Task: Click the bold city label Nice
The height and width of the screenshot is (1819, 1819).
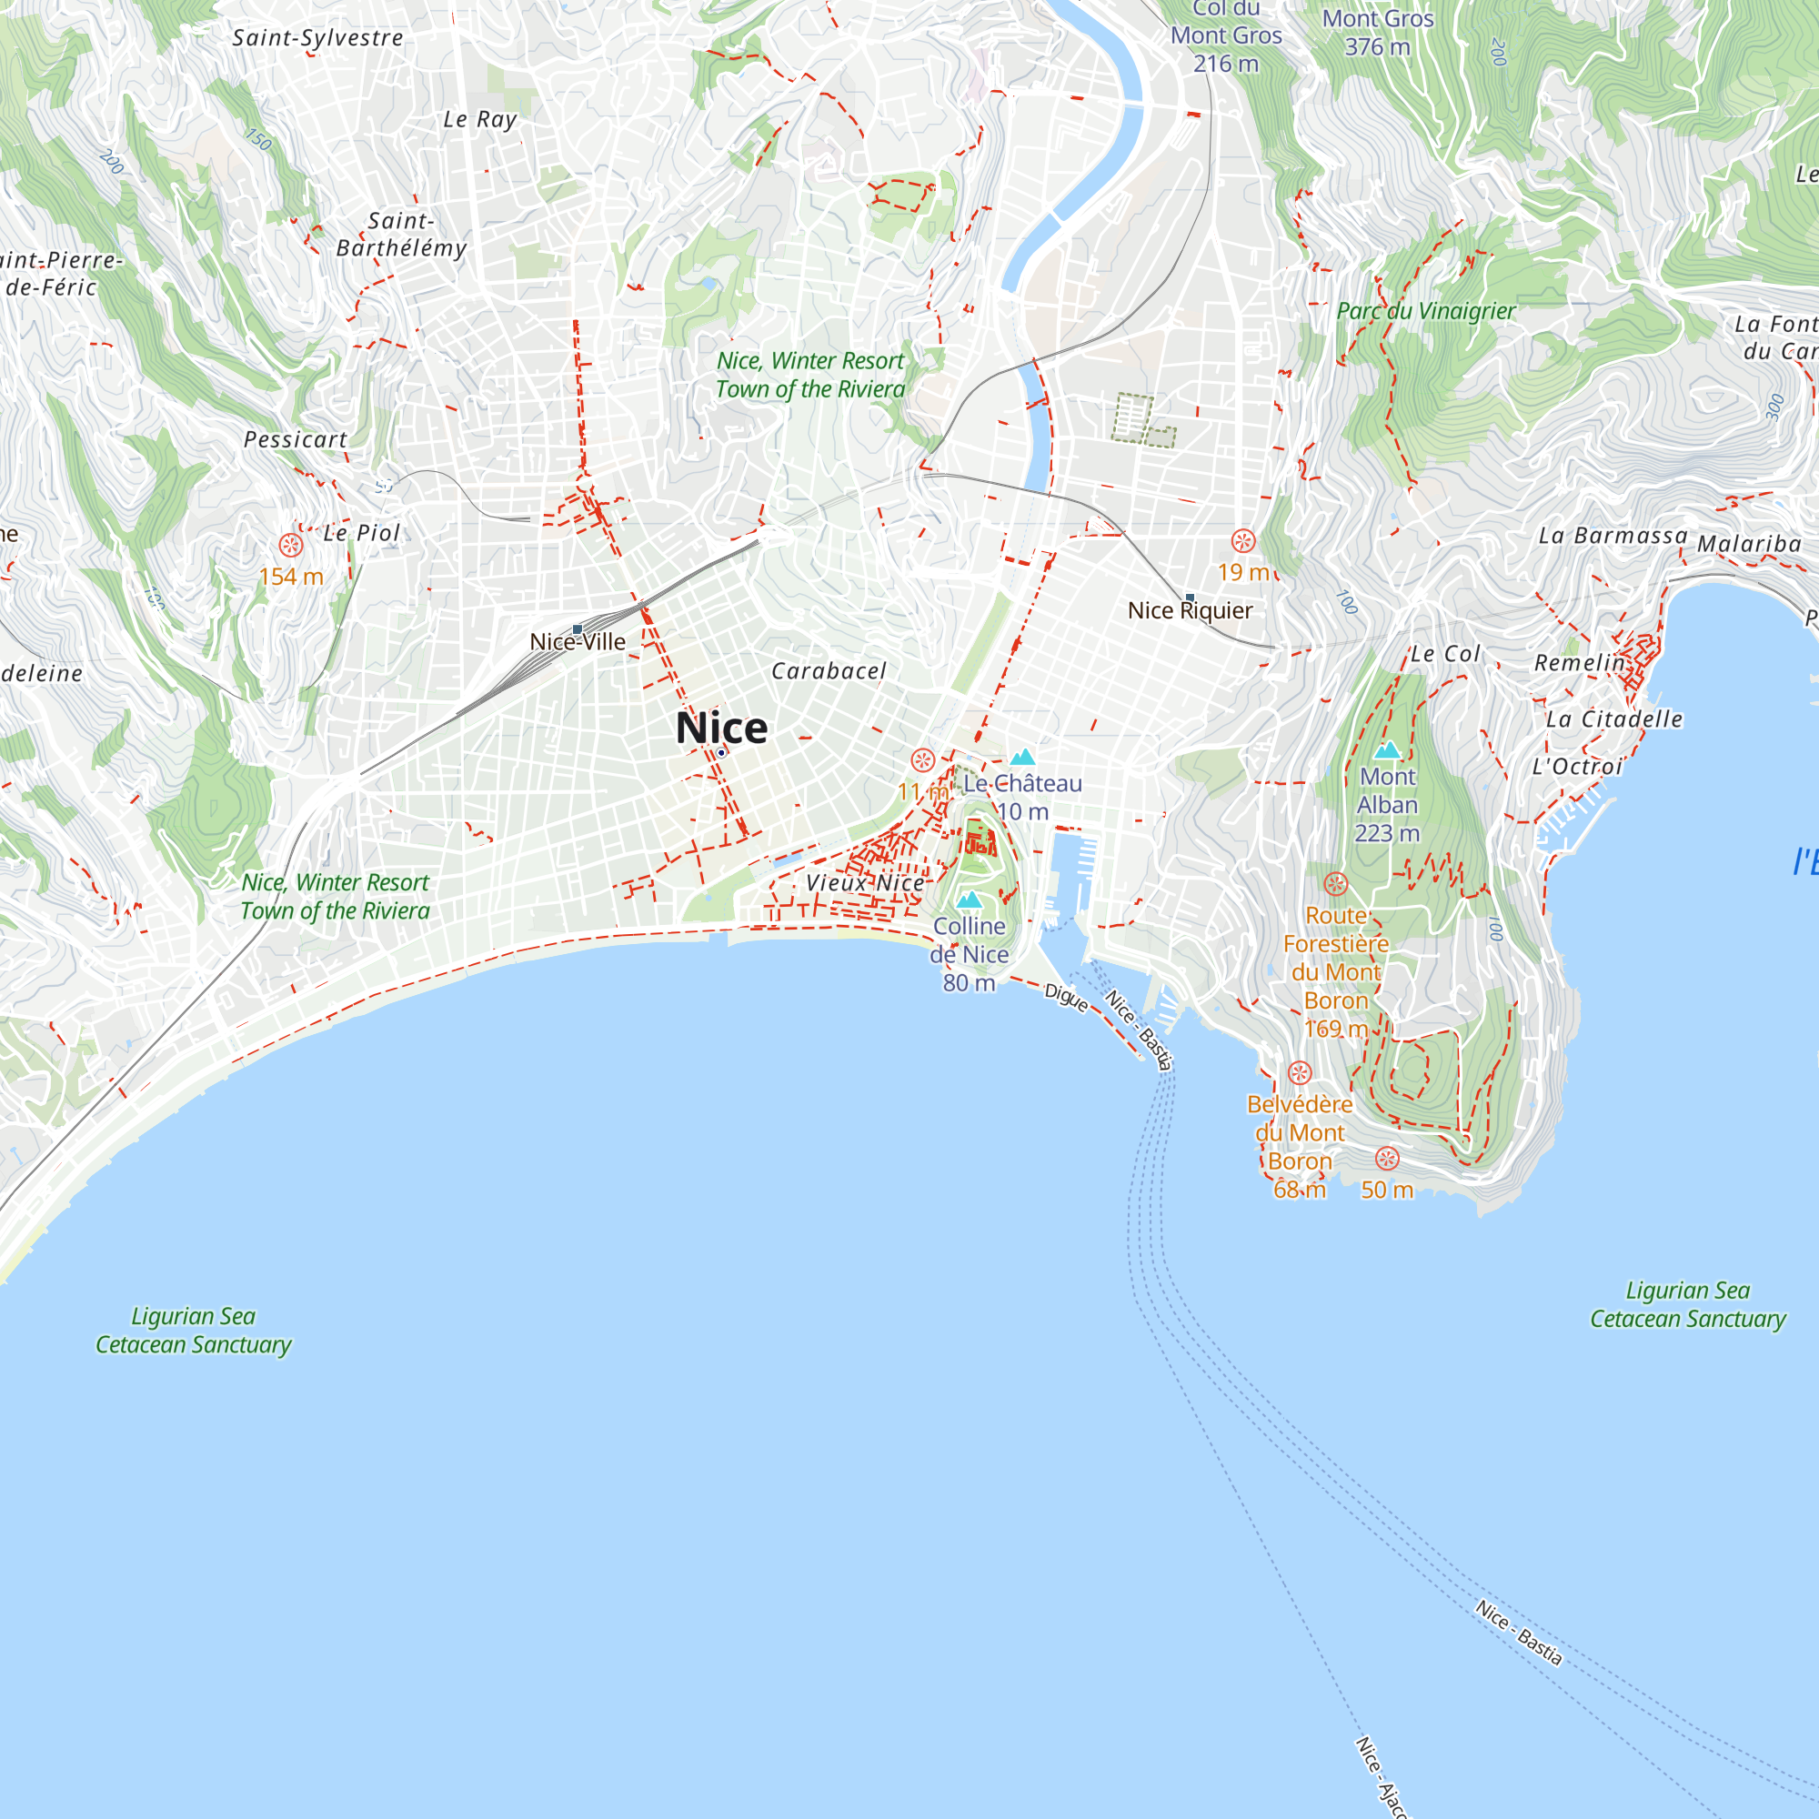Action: pyautogui.click(x=721, y=728)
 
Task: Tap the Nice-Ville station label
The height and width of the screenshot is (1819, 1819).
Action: pyautogui.click(x=578, y=642)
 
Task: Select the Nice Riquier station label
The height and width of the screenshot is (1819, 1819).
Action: pyautogui.click(x=1190, y=610)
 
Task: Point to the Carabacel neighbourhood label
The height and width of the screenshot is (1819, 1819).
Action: pyautogui.click(x=829, y=671)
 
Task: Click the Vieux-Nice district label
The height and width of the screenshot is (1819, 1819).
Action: pyautogui.click(x=865, y=883)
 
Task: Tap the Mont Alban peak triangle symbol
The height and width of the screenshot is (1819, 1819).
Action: pyautogui.click(x=1387, y=750)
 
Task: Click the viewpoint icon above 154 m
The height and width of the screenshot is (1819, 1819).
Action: pyautogui.click(x=291, y=545)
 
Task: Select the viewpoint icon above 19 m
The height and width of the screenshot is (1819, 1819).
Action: pyautogui.click(x=1242, y=540)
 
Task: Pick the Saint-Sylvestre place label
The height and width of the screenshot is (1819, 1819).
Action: pyautogui.click(x=318, y=38)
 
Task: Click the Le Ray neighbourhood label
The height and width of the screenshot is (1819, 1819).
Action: pyautogui.click(x=480, y=119)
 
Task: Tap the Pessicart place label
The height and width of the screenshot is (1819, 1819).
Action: pyautogui.click(x=296, y=439)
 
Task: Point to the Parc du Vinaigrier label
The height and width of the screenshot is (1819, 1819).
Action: pyautogui.click(x=1425, y=311)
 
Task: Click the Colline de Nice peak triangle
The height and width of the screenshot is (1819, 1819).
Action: pyautogui.click(x=969, y=900)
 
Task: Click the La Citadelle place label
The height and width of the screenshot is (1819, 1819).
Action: pyautogui.click(x=1613, y=719)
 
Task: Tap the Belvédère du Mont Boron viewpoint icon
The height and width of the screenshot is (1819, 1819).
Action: pyautogui.click(x=1300, y=1073)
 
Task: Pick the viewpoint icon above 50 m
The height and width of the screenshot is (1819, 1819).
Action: pyautogui.click(x=1387, y=1158)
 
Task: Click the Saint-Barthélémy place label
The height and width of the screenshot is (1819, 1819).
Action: pyautogui.click(x=402, y=235)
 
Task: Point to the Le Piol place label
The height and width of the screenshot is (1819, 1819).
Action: pyautogui.click(x=363, y=533)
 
